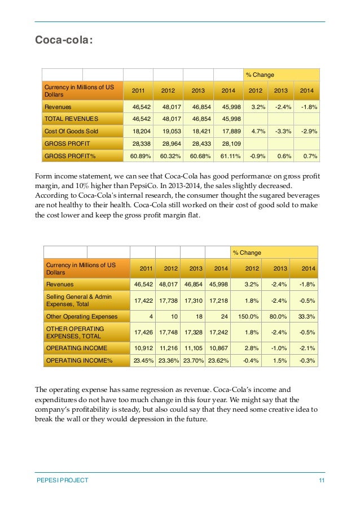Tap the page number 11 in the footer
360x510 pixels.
tap(322, 480)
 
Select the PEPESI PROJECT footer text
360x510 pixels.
tap(62, 480)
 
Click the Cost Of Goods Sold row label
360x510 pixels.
tap(71, 131)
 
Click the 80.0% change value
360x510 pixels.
tap(275, 317)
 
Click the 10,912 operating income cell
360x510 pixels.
tap(142, 347)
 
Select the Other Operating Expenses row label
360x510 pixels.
tap(81, 317)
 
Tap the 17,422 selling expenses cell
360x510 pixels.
tap(142, 300)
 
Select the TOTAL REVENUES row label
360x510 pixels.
tap(71, 119)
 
